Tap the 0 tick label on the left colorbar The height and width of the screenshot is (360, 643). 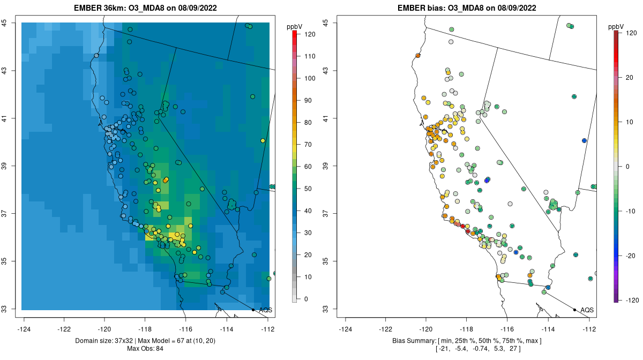(x=306, y=299)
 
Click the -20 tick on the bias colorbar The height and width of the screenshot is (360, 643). (x=631, y=255)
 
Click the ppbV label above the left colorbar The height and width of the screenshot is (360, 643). (x=294, y=26)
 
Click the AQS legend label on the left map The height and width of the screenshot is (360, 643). (x=265, y=310)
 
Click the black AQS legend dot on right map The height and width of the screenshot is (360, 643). (x=574, y=310)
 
